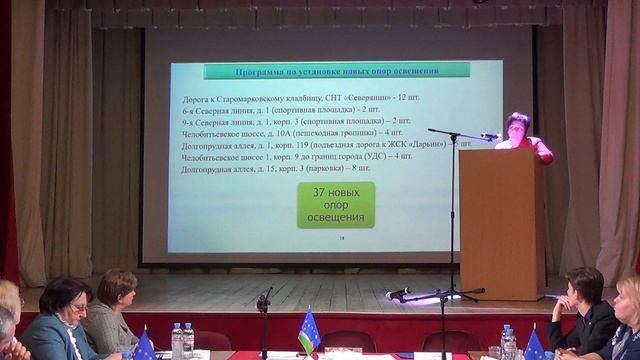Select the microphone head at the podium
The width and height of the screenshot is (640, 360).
490,136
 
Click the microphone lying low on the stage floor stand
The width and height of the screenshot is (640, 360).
398,293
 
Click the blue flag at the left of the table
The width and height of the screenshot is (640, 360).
144,345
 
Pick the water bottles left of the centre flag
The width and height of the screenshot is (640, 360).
182,340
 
